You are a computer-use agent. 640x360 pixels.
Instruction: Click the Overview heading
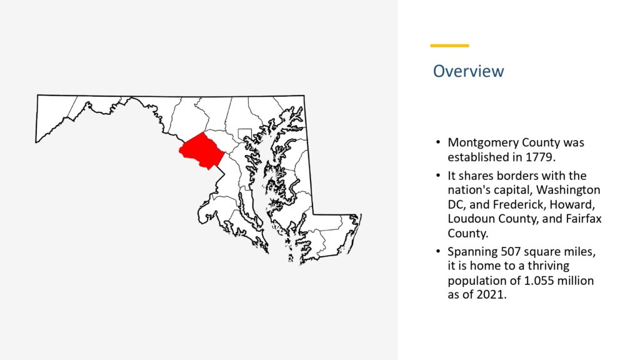468,71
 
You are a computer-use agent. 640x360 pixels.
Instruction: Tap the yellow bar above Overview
449,46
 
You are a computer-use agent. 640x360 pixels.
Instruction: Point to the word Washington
567,190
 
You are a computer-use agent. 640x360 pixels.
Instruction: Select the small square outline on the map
244,129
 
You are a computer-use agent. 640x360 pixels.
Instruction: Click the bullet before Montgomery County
438,142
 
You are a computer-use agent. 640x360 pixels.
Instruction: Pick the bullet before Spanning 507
438,251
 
